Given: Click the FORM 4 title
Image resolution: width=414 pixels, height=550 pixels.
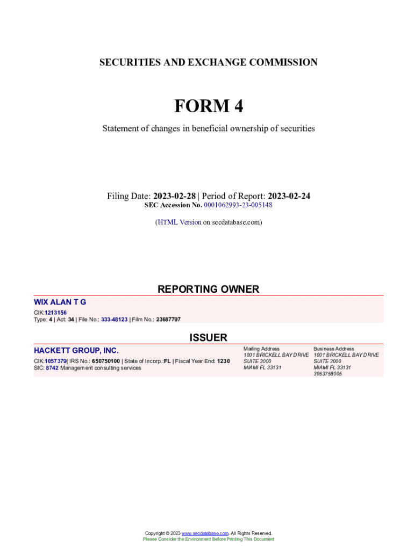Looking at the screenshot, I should point(208,106).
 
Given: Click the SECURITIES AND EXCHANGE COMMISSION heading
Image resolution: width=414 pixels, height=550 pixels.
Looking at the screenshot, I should point(208,62).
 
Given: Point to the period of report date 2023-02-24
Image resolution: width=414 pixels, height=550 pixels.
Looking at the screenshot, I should point(289,196).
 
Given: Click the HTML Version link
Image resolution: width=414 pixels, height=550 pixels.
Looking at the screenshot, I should point(179,222).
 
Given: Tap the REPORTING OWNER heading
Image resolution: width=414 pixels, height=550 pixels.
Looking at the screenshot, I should point(208,289).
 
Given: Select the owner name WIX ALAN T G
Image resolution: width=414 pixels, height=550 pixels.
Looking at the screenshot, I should point(60,302).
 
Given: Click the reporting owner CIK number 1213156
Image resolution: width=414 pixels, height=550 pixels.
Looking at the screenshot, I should point(55,313).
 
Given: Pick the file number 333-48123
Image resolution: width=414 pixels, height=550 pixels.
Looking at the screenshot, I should point(114,320).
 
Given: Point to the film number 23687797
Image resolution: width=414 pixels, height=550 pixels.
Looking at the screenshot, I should point(168,320).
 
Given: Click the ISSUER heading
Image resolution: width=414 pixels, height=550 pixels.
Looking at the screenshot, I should point(208,337).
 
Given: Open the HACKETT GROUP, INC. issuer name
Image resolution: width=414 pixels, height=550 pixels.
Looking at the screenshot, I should point(76,351).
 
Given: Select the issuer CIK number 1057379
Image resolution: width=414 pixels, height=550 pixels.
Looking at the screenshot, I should point(55,361).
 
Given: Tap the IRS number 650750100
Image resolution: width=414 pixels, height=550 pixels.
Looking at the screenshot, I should point(106,361).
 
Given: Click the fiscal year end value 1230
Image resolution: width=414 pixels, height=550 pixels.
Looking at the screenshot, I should point(223,361).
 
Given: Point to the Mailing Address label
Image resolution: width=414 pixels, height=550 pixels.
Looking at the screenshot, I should point(261,349).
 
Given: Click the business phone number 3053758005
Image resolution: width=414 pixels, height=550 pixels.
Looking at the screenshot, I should point(327,374).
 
